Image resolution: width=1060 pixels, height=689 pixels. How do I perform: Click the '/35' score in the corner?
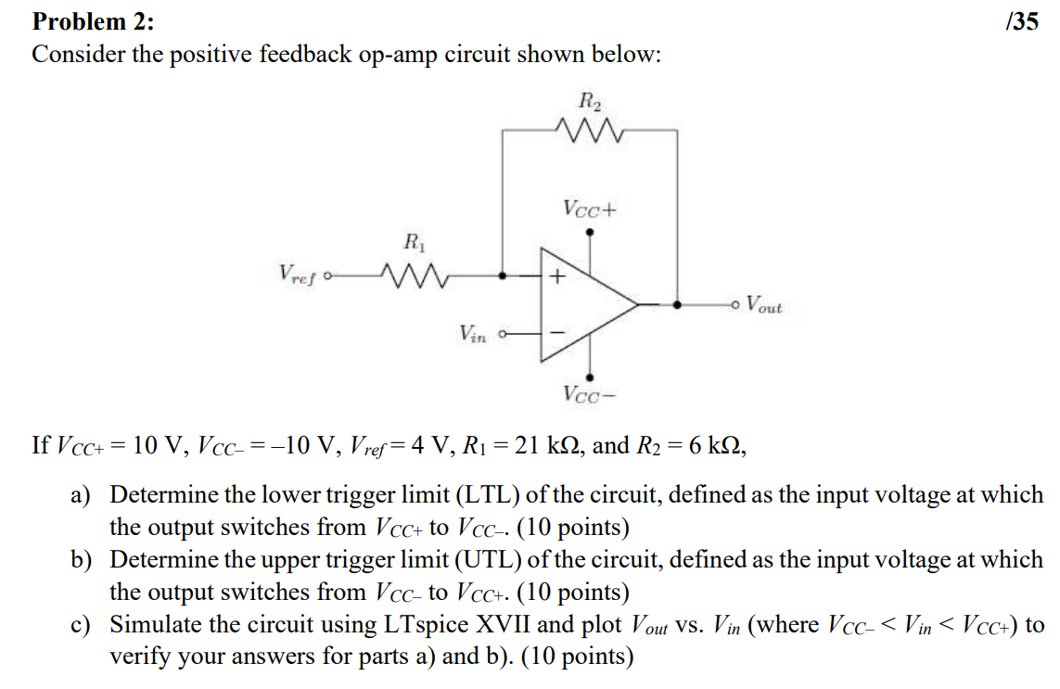click(1021, 20)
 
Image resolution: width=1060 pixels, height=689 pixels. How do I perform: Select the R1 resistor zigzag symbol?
click(410, 274)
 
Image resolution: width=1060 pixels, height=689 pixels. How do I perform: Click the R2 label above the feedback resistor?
click(589, 100)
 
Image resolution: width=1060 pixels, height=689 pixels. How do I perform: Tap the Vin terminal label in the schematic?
click(472, 333)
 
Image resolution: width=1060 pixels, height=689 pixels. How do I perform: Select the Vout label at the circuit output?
click(764, 304)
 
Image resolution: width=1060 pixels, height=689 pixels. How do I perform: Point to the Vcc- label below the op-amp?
click(589, 394)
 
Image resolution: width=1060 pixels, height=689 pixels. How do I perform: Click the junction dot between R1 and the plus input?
click(503, 274)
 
